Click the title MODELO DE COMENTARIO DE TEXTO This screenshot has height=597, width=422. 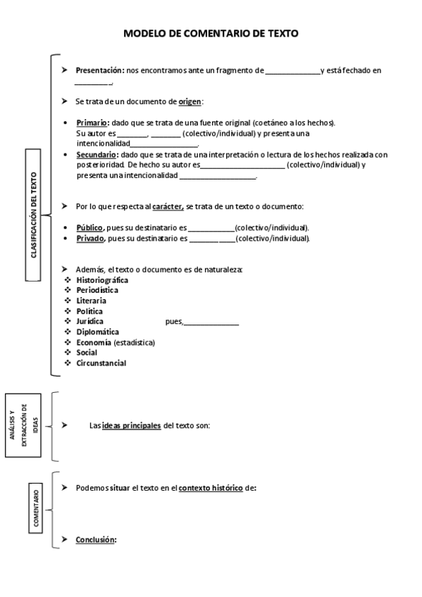[211, 33]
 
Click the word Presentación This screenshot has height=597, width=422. [99, 70]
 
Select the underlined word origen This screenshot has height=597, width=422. [190, 101]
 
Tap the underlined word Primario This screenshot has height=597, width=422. [92, 122]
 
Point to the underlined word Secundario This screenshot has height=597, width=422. [97, 154]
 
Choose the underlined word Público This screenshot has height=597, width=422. [89, 228]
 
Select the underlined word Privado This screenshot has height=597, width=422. [89, 239]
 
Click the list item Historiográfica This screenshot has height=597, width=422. [101, 279]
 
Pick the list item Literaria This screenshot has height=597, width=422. [91, 301]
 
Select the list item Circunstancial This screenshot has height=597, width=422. [101, 363]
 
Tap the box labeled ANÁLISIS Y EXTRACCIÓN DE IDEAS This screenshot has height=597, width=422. [25, 425]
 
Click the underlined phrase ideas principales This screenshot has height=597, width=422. [132, 425]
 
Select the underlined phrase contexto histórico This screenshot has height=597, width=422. [211, 488]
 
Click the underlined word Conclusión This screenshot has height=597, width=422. [95, 540]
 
